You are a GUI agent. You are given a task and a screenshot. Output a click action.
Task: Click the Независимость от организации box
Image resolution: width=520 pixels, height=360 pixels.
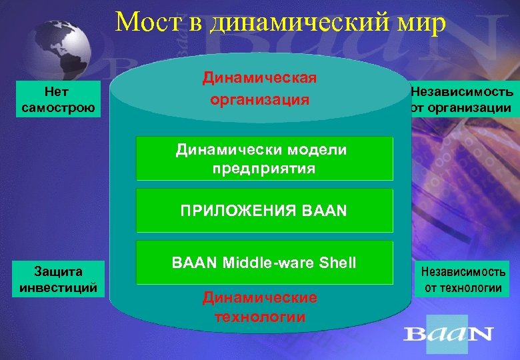pyautogui.click(x=462, y=99)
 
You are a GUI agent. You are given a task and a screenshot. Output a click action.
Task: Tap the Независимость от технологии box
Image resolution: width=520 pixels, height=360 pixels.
pyautogui.click(x=462, y=279)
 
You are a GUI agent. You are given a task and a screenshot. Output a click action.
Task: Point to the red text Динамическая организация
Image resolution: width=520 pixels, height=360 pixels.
pyautogui.click(x=259, y=89)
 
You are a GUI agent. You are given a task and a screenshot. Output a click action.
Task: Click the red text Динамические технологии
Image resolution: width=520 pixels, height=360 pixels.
pyautogui.click(x=260, y=307)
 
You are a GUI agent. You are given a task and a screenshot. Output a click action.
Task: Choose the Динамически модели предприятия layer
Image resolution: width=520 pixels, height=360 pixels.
pyautogui.click(x=264, y=159)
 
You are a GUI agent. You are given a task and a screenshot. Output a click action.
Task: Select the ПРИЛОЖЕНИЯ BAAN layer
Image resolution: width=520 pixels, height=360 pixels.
pyautogui.click(x=264, y=212)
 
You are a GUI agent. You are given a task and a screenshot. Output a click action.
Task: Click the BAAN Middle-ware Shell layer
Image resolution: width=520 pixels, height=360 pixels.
pyautogui.click(x=264, y=263)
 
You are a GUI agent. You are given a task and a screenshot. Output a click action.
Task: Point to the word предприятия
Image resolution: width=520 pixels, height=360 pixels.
pyautogui.click(x=264, y=169)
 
